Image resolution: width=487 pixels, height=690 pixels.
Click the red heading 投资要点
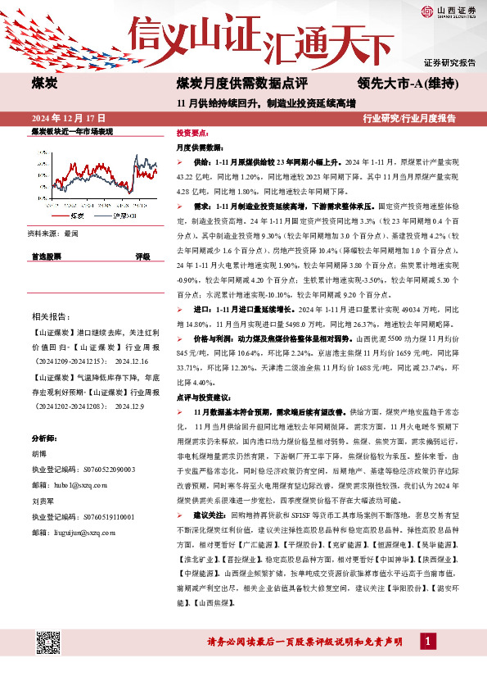(x=192, y=133)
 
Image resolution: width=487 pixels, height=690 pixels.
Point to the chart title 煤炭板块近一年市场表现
(x=74, y=131)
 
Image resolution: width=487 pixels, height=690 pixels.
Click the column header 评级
(x=142, y=256)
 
